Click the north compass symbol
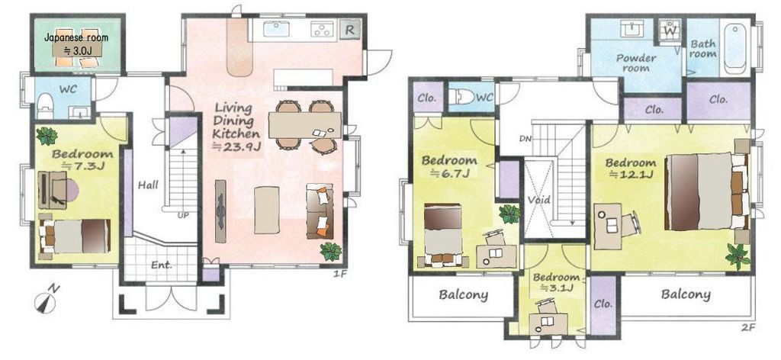[x=45, y=302]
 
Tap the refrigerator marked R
[x=349, y=30]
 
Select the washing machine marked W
[x=670, y=31]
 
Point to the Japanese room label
[x=76, y=37]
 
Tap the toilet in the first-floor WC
[x=45, y=104]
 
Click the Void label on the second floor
[x=539, y=200]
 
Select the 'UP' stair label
[x=184, y=216]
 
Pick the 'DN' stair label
[x=525, y=139]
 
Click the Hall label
[x=148, y=185]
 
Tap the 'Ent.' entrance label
[x=162, y=265]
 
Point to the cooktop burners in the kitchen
[x=323, y=30]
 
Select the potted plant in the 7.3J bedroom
[x=47, y=136]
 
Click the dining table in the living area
[x=305, y=125]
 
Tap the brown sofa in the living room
[x=320, y=211]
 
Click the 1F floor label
[x=339, y=273]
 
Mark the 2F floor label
[x=748, y=327]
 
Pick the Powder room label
[x=636, y=63]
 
